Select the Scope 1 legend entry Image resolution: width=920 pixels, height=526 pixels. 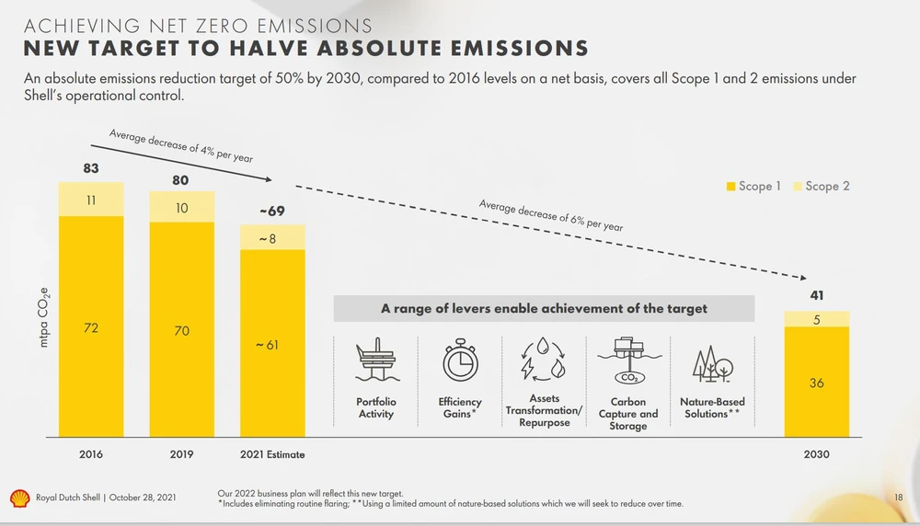[x=753, y=187]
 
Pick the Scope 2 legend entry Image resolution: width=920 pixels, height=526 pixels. [x=821, y=187]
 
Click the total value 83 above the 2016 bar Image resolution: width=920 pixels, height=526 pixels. [x=90, y=169]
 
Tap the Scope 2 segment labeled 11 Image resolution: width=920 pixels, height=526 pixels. [x=91, y=199]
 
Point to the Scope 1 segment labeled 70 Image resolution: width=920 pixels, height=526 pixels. [x=182, y=330]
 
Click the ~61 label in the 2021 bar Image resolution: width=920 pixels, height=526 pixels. [x=272, y=345]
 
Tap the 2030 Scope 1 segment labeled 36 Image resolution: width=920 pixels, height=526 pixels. [x=816, y=383]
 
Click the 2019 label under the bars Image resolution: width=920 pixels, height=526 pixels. [x=182, y=454]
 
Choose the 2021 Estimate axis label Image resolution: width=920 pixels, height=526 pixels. [x=272, y=454]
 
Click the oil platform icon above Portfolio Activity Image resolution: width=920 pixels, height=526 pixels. [x=375, y=360]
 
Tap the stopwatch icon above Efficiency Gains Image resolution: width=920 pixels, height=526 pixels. [x=460, y=360]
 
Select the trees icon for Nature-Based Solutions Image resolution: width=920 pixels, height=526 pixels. [x=712, y=363]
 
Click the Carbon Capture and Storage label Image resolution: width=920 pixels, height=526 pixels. [x=628, y=414]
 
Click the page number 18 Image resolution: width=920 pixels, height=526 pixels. [x=899, y=497]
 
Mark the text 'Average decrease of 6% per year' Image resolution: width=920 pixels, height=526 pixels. [x=551, y=214]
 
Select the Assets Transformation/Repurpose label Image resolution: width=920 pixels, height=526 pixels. [x=544, y=411]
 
